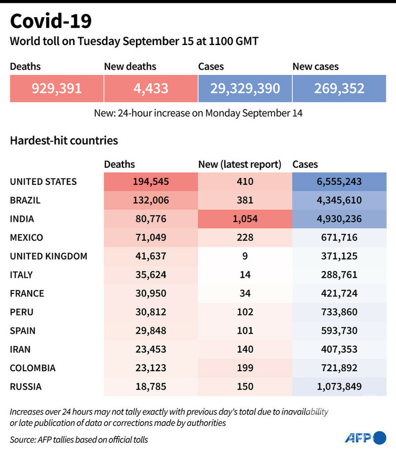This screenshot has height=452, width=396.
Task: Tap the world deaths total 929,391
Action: point(57,89)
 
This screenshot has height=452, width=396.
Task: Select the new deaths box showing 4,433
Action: point(151,89)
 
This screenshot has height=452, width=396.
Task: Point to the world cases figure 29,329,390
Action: point(245,89)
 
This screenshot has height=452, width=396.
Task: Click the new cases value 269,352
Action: point(339,89)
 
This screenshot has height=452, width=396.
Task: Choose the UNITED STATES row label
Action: point(43,181)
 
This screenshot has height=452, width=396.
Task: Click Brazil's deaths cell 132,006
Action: point(151,200)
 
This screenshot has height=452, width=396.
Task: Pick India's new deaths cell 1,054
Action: point(245,219)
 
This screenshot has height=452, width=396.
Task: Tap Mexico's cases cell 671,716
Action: point(339,238)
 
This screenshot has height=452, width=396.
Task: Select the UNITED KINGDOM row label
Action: point(48,256)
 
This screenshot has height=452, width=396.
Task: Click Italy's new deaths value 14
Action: point(245,275)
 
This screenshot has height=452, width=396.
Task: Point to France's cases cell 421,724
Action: point(339,294)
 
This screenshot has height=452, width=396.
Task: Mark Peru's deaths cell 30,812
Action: point(151,312)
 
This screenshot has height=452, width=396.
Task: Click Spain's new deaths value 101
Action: point(245,331)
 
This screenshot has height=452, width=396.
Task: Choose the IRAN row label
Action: point(20,349)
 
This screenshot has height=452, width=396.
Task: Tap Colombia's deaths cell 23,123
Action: point(151,368)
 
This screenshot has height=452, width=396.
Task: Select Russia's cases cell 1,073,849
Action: point(339,386)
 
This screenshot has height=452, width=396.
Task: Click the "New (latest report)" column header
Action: point(240,165)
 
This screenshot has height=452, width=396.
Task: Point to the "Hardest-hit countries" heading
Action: point(64,141)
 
